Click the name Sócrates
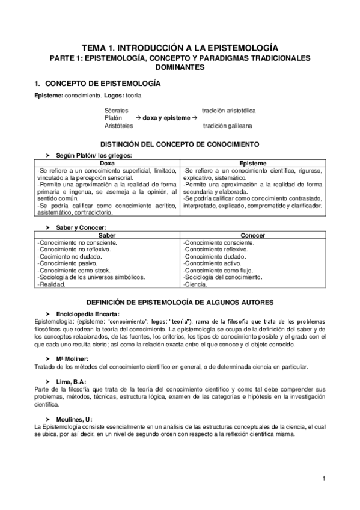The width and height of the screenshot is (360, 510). pyautogui.click(x=116, y=111)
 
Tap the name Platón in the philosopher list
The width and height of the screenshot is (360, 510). pyautogui.click(x=114, y=118)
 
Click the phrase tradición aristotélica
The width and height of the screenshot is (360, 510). pyautogui.click(x=229, y=111)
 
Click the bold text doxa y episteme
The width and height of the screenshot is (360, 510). pyautogui.click(x=166, y=118)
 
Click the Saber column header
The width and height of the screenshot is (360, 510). pyautogui.click(x=107, y=235)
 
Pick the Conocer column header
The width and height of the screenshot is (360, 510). pyautogui.click(x=253, y=235)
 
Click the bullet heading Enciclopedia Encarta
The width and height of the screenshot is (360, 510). pyautogui.click(x=88, y=313)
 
